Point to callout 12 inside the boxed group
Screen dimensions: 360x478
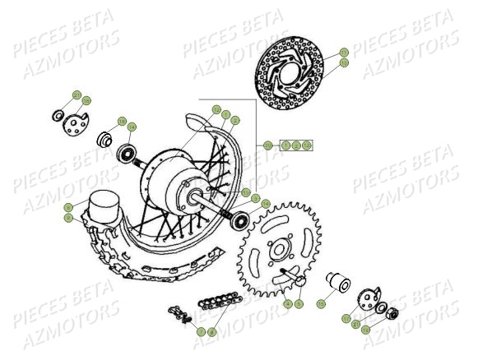(x=306, y=145)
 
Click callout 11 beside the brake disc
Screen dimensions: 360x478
(x=344, y=53)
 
